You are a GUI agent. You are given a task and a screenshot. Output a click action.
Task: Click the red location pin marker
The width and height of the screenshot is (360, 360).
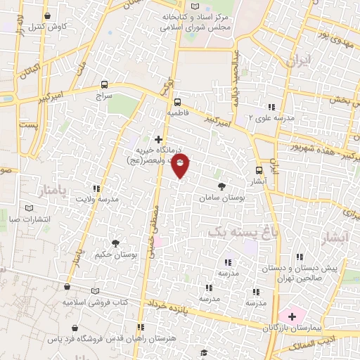[181, 165]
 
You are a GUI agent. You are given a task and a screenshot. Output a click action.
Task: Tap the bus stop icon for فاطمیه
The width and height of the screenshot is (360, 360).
[177, 101]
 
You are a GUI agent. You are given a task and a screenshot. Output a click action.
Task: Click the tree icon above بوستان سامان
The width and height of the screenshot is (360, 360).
[222, 186]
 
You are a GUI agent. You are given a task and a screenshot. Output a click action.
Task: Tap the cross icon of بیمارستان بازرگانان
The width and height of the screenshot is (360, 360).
[292, 316]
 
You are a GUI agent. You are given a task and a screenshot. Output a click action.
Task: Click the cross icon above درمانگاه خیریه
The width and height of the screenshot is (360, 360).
[159, 140]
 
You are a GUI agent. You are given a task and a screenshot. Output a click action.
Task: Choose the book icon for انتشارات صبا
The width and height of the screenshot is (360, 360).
[29, 208]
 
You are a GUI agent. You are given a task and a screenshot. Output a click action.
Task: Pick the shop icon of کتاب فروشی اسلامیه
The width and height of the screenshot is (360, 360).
[67, 288]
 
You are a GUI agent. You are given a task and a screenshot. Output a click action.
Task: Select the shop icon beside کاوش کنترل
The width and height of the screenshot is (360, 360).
[47, 16]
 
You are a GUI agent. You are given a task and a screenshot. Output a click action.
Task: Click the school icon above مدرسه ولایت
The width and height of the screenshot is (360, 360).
[96, 188]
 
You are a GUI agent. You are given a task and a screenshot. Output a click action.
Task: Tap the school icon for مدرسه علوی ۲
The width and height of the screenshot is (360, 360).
[271, 107]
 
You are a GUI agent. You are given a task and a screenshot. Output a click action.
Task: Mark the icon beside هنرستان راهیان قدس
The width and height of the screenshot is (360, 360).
[141, 327]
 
